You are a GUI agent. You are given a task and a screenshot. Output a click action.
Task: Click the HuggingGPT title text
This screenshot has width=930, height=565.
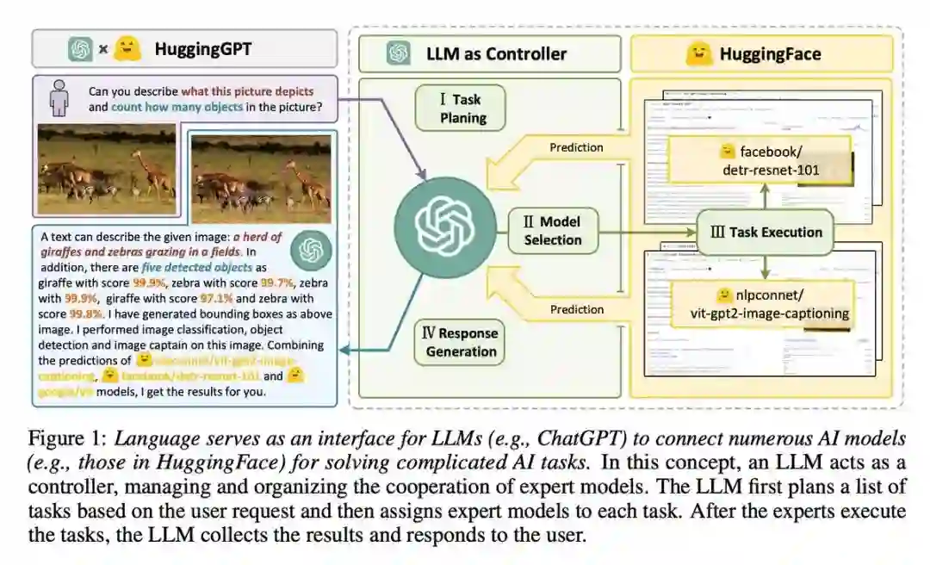[x=203, y=48]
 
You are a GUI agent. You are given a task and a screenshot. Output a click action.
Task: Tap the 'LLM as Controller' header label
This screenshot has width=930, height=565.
[x=496, y=53]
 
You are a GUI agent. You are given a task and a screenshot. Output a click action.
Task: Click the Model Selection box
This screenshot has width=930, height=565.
[x=552, y=231]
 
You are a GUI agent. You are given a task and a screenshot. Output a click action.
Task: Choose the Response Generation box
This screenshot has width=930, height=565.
[x=461, y=342]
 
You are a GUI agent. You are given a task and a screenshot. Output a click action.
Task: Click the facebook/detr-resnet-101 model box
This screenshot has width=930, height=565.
[x=772, y=161]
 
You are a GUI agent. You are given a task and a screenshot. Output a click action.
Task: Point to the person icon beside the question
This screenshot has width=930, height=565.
[x=59, y=99]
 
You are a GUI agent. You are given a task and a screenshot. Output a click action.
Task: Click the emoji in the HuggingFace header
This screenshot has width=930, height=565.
[x=697, y=54]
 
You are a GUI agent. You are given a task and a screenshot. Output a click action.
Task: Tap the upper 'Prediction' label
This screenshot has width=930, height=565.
[x=576, y=147]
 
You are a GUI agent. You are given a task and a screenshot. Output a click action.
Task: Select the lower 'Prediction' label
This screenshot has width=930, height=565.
[x=576, y=309]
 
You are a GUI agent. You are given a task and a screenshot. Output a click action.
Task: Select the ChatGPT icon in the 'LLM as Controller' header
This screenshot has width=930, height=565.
[x=398, y=53]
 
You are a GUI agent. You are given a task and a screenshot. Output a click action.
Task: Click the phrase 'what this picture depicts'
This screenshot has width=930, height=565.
[x=247, y=91]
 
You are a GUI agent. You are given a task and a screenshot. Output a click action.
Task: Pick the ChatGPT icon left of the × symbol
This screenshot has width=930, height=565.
[x=80, y=49]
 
